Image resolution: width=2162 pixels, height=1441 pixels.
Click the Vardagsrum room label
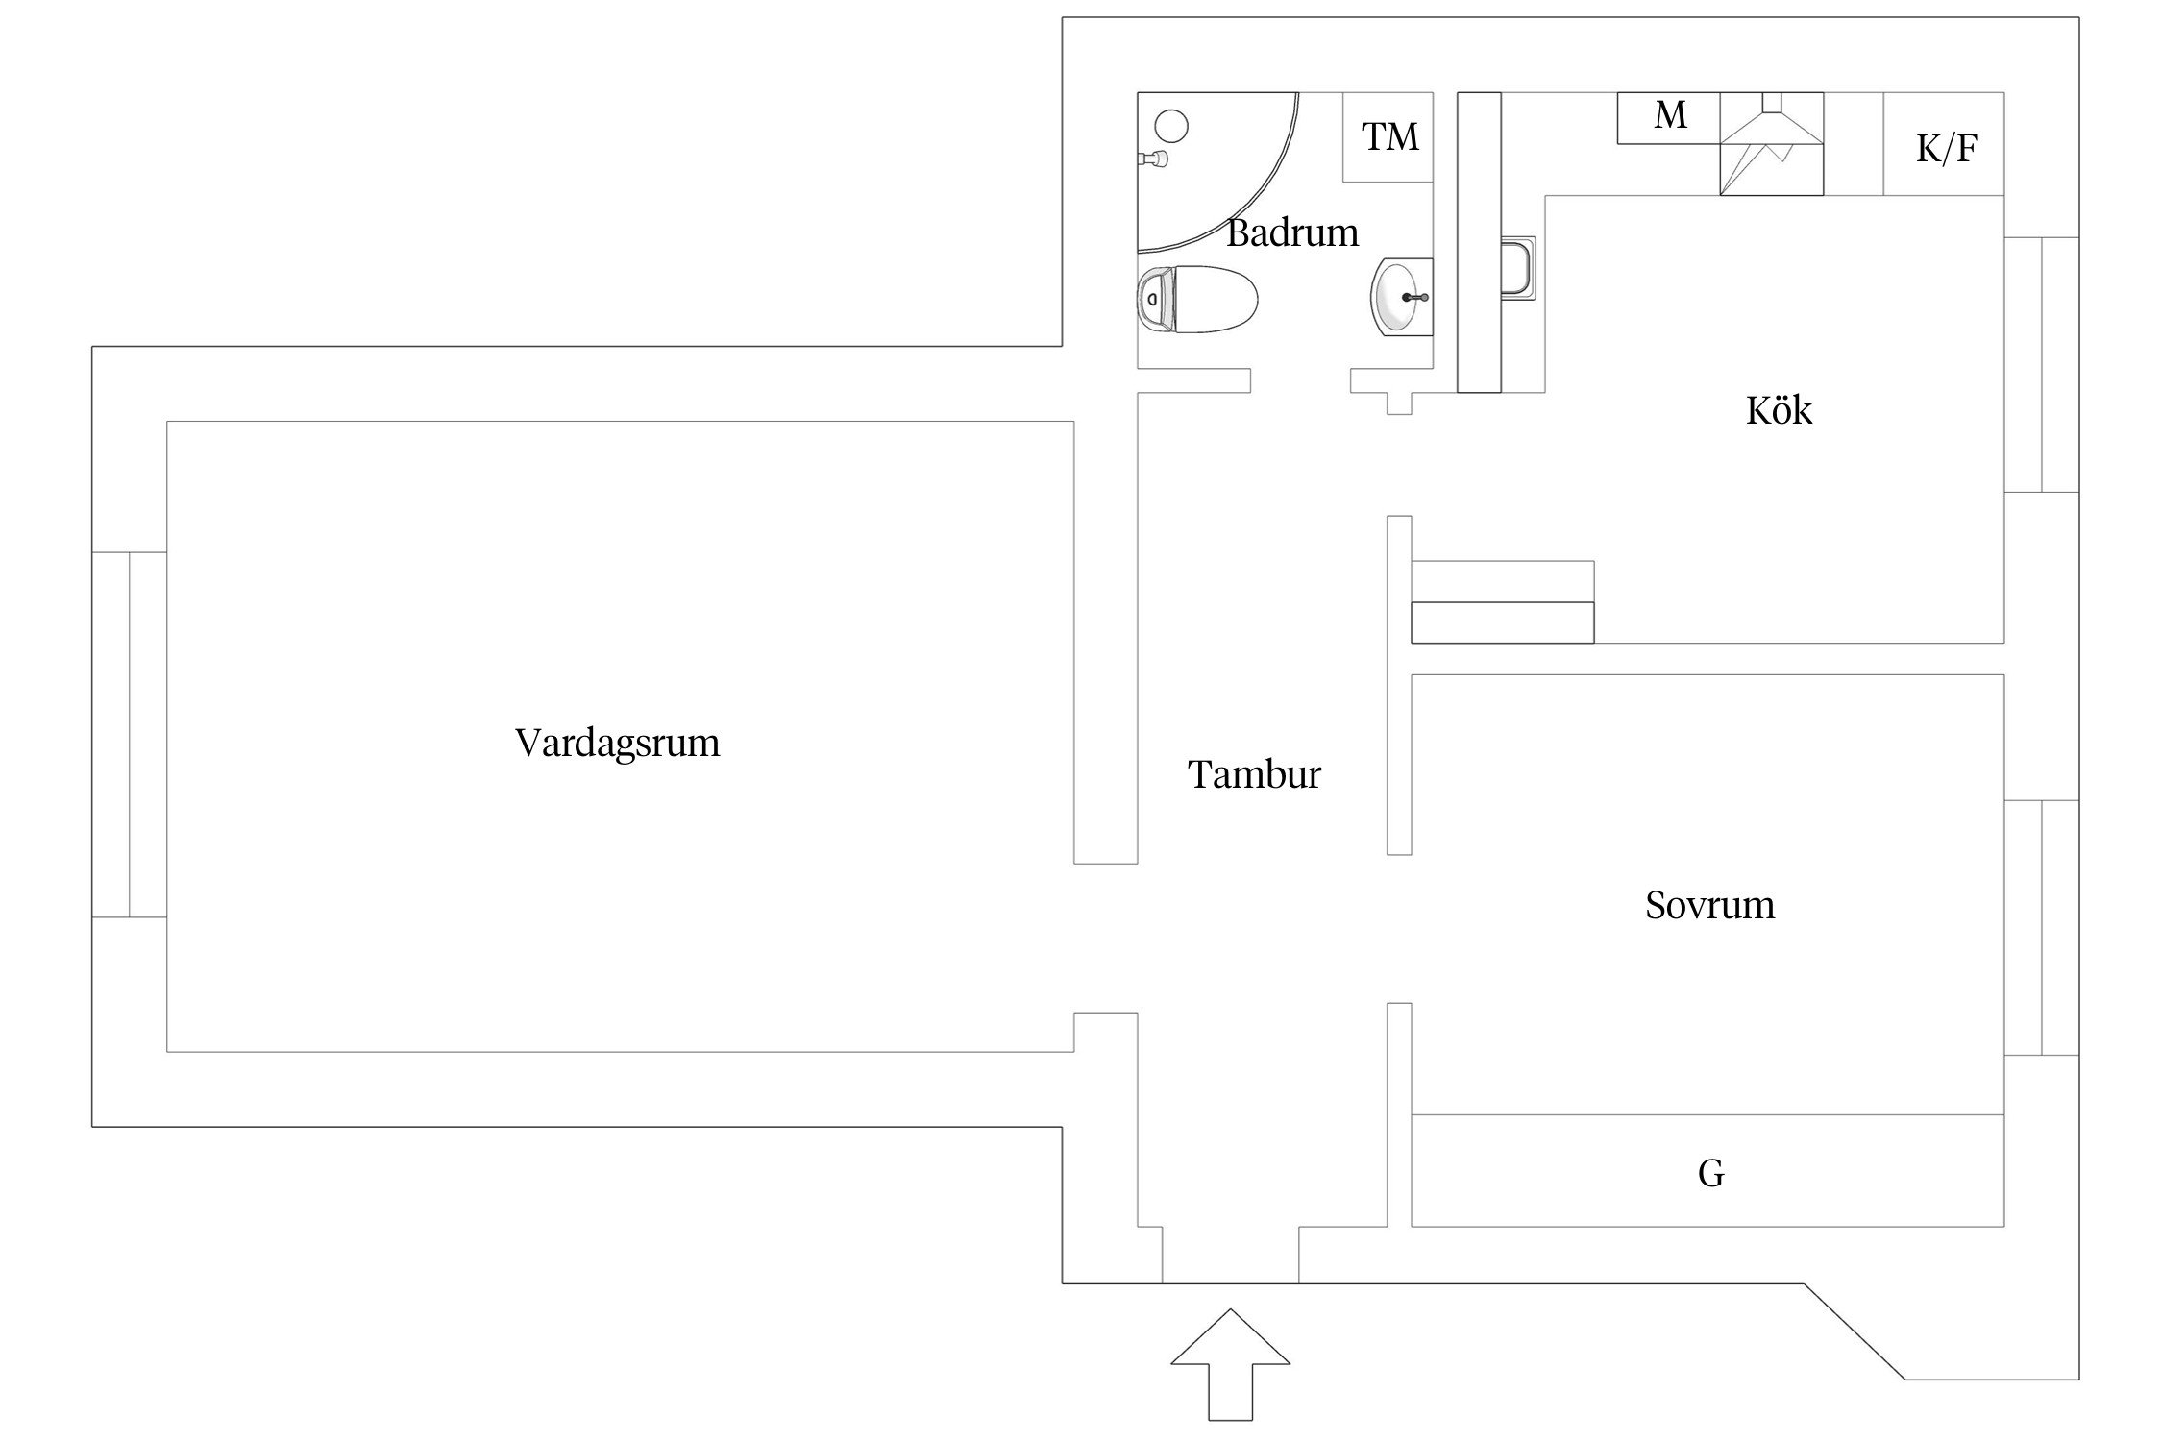pyautogui.click(x=617, y=744)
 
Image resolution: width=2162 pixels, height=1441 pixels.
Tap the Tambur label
pyautogui.click(x=1254, y=774)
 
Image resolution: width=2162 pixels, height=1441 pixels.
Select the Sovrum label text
pyautogui.click(x=1709, y=905)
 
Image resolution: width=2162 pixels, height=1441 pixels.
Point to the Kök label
pyautogui.click(x=1779, y=411)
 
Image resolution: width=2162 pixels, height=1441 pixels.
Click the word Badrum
pyautogui.click(x=1292, y=233)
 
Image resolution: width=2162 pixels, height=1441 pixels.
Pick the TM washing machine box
pyautogui.click(x=1388, y=137)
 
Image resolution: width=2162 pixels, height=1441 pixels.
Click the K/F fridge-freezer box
pyautogui.click(x=1945, y=147)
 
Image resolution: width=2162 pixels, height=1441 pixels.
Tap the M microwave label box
pyautogui.click(x=1669, y=117)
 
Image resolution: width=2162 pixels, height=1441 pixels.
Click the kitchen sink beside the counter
pyautogui.click(x=1518, y=267)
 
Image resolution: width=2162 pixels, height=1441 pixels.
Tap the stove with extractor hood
pyautogui.click(x=1771, y=144)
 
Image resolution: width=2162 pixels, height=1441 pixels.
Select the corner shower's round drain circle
pyautogui.click(x=1171, y=126)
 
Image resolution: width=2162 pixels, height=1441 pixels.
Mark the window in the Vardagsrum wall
pyautogui.click(x=129, y=735)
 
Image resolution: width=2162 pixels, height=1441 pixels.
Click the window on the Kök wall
pyautogui.click(x=2041, y=365)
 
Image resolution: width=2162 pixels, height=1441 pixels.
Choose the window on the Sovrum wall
pyautogui.click(x=2041, y=928)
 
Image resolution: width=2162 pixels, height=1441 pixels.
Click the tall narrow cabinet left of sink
pyautogui.click(x=1479, y=242)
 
